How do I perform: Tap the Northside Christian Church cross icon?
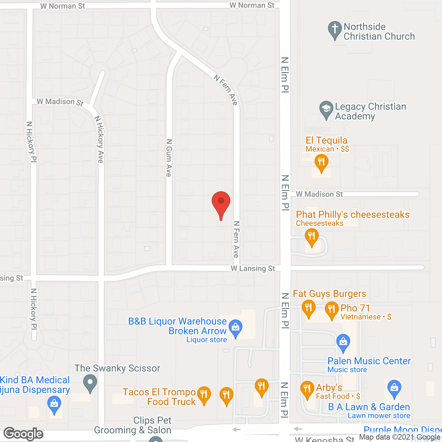tap(335, 30)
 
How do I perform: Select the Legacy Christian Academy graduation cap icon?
tap(326, 109)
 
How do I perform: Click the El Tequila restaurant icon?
tap(321, 162)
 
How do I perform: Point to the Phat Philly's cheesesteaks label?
tap(353, 215)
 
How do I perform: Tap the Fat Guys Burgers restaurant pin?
tap(308, 308)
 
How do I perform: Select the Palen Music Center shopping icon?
tap(343, 342)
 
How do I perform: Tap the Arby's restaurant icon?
tap(307, 389)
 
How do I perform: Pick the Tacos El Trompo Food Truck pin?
tap(204, 394)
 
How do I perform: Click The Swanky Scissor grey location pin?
tap(90, 383)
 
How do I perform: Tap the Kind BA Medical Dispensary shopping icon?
tap(54, 404)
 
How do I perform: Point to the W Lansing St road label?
tap(253, 269)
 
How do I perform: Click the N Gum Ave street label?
tap(169, 158)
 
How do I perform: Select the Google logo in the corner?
tap(23, 434)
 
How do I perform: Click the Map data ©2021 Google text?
tap(400, 437)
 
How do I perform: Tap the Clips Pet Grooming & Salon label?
tap(133, 425)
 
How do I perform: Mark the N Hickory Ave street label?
tap(99, 139)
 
